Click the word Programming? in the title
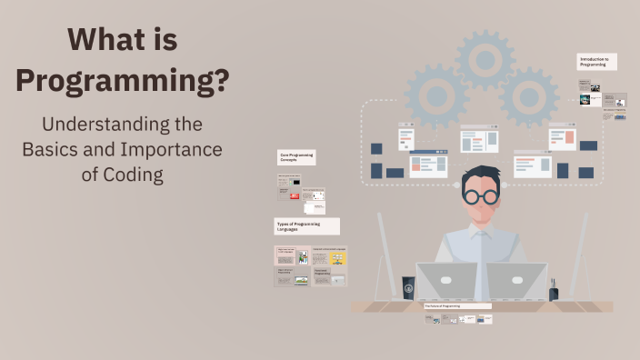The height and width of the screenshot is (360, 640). [122, 81]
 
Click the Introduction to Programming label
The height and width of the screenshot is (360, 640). [599, 62]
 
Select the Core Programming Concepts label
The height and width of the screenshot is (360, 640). [296, 157]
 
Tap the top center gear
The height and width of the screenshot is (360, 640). [485, 59]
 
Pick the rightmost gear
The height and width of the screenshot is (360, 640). [528, 96]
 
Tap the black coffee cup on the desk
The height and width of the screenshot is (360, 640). [409, 288]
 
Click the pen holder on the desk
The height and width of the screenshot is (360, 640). [553, 292]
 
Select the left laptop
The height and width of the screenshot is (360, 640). [445, 282]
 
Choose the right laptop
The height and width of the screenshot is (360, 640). [515, 282]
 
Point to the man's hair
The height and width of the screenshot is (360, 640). [479, 175]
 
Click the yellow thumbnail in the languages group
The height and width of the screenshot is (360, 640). [338, 258]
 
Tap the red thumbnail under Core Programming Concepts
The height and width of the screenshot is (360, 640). [295, 196]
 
